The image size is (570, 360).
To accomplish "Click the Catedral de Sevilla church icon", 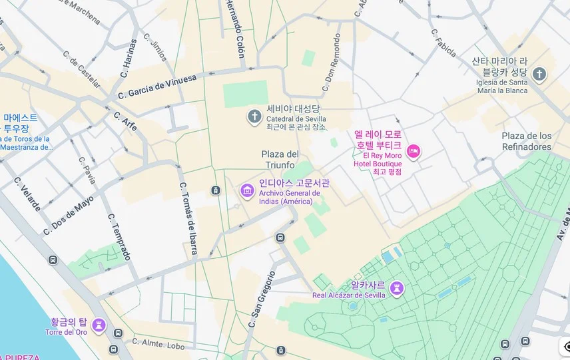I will point(254,118).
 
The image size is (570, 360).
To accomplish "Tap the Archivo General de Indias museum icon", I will point(247,192).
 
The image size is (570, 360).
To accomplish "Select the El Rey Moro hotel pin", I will point(414,152).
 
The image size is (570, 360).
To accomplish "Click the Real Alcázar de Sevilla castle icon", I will point(398,288).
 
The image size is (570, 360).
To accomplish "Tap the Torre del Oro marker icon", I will point(99,325).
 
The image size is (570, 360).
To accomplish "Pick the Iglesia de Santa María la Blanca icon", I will point(539,74).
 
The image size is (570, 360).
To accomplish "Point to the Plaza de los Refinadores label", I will point(527,141).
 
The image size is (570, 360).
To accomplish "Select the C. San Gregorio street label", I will point(262,299).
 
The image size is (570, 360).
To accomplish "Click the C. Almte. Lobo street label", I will point(158,344).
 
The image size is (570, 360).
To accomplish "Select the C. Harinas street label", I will point(128,59).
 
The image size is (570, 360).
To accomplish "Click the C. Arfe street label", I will point(125,120).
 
